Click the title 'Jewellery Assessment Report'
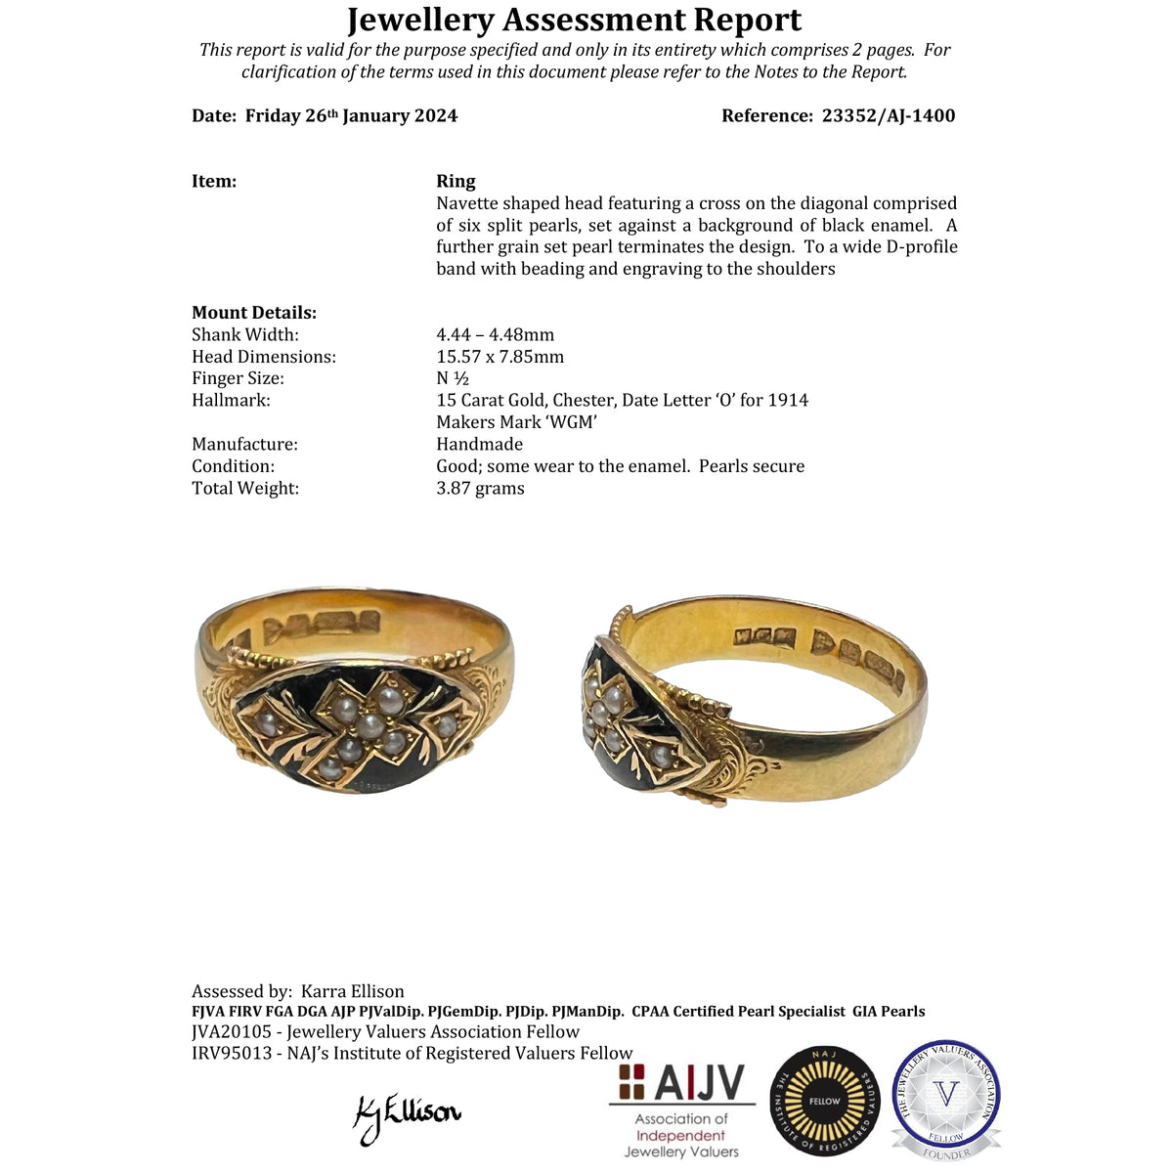click(x=575, y=20)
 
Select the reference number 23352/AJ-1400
click(x=888, y=115)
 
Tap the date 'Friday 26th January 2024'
click(x=351, y=115)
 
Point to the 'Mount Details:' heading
click(x=254, y=313)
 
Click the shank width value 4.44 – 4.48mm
click(x=495, y=335)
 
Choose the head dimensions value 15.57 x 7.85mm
click(x=500, y=357)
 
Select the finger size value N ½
click(x=453, y=378)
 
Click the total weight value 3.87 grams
click(x=480, y=488)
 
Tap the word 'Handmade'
click(x=479, y=445)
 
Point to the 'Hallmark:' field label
click(x=231, y=400)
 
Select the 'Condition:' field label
click(x=233, y=466)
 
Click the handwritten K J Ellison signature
click(x=406, y=1114)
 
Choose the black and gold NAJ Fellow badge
click(x=824, y=1101)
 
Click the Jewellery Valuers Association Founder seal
click(x=945, y=1099)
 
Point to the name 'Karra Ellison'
click(x=352, y=991)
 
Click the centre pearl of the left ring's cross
click(x=370, y=725)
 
